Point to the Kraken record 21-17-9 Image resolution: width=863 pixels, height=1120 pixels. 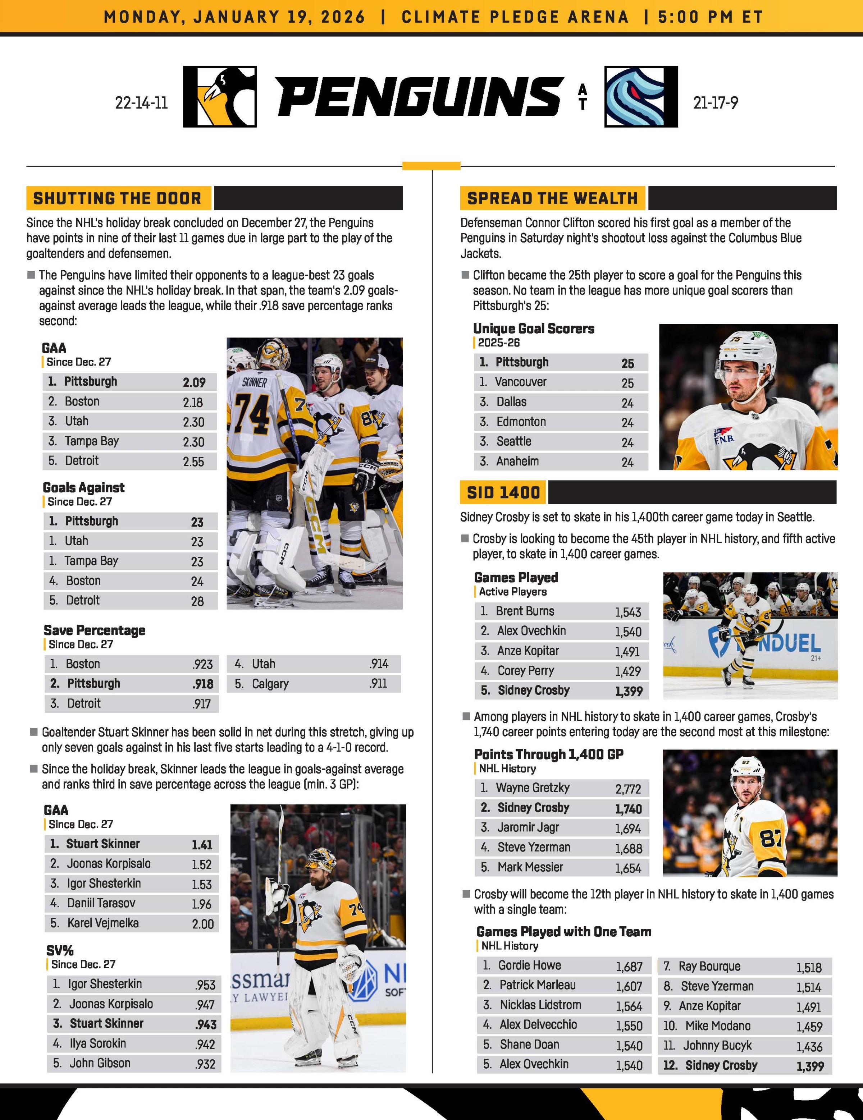point(715,103)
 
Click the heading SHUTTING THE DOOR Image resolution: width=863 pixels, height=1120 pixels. point(118,198)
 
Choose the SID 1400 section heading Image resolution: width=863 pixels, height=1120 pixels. point(503,493)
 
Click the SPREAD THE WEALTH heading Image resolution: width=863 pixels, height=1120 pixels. point(552,198)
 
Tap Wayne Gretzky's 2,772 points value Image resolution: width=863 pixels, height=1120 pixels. point(628,789)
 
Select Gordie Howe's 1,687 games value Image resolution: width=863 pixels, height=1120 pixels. point(629,967)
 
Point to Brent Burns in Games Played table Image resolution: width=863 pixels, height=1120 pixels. point(525,611)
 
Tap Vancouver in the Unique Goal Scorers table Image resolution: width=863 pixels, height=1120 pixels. point(520,382)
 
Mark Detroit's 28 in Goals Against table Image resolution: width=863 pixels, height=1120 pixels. point(197,601)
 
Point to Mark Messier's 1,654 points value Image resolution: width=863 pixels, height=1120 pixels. point(628,868)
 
